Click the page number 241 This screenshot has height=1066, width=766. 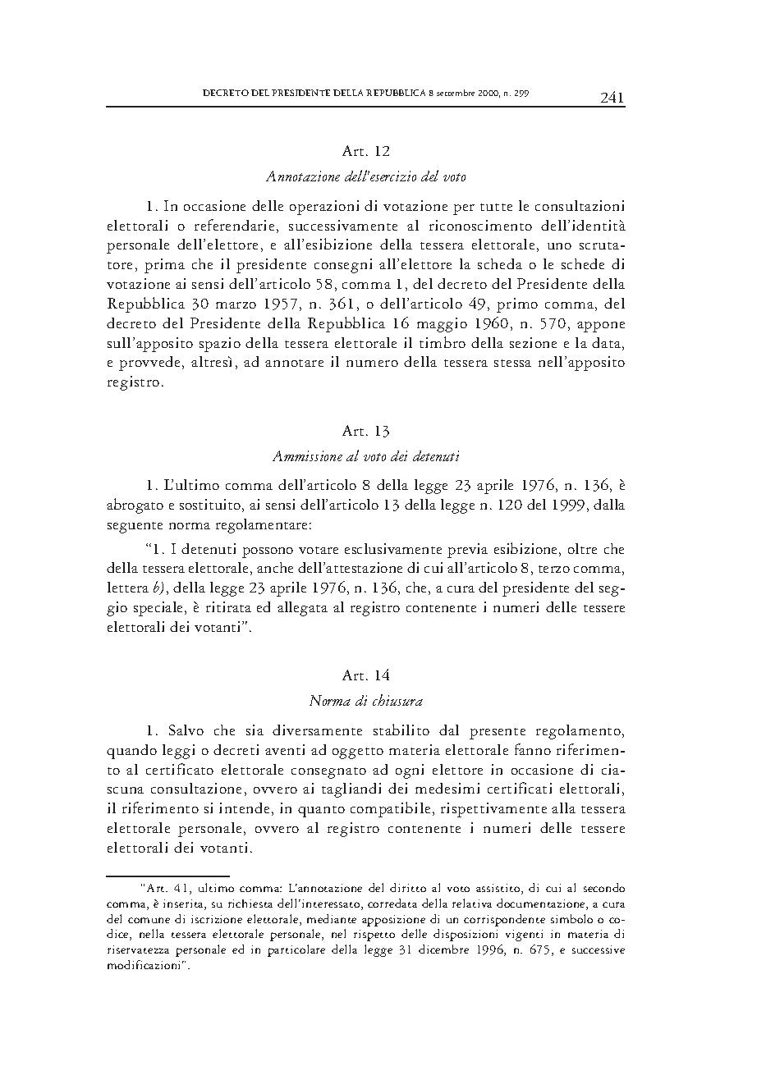click(x=612, y=98)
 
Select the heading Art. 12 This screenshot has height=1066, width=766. click(x=365, y=151)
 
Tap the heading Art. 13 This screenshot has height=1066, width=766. click(x=365, y=431)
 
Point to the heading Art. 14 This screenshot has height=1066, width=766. click(x=365, y=675)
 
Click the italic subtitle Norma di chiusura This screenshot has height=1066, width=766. click(x=365, y=701)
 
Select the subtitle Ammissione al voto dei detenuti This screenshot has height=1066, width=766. click(x=365, y=455)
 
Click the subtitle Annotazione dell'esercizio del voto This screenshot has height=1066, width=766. click(x=365, y=176)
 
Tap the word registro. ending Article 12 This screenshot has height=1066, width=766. click(x=135, y=383)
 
